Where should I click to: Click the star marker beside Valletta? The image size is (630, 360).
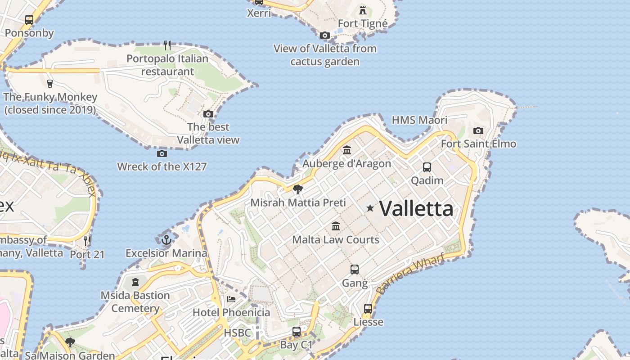(x=370, y=208)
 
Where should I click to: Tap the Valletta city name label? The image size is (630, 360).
(x=416, y=209)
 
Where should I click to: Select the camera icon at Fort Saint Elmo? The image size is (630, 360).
(x=478, y=131)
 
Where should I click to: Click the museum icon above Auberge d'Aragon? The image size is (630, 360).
(x=347, y=150)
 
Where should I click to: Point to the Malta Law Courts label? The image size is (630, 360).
(x=336, y=239)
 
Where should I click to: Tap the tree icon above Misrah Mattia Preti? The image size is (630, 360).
(x=297, y=189)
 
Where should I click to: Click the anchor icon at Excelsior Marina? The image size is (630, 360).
(x=166, y=240)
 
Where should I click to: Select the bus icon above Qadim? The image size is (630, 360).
(x=427, y=167)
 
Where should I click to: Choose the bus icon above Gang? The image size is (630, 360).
(x=355, y=270)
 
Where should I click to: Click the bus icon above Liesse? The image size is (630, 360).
(x=368, y=309)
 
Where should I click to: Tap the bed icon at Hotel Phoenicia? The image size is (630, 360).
(x=231, y=299)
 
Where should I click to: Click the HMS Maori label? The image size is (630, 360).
(x=419, y=120)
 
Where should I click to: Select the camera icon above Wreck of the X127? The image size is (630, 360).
(x=162, y=153)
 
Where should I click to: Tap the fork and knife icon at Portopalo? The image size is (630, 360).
(x=167, y=45)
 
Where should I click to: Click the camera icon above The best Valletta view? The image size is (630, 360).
(x=208, y=114)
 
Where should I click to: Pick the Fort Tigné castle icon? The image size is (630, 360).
(x=363, y=10)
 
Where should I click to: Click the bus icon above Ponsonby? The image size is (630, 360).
(x=29, y=20)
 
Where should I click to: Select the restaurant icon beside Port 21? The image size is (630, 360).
(x=87, y=241)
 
